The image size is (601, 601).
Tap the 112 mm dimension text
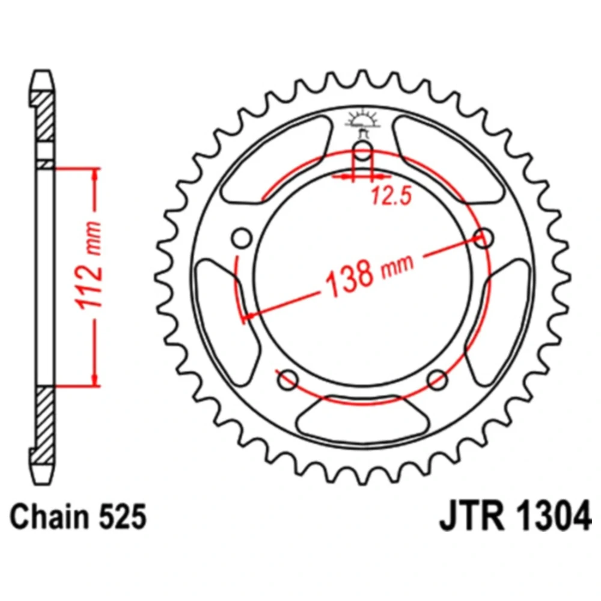point(90,264)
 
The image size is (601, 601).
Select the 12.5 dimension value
point(391,195)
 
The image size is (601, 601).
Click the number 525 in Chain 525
point(122,516)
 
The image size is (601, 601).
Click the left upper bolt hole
point(242,238)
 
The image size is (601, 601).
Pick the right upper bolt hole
point(483,237)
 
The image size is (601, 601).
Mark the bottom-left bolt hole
point(288,380)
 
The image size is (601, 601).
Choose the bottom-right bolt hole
point(438,380)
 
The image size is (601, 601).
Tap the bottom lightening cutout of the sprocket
point(362,418)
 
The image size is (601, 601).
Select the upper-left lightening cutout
point(276,159)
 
